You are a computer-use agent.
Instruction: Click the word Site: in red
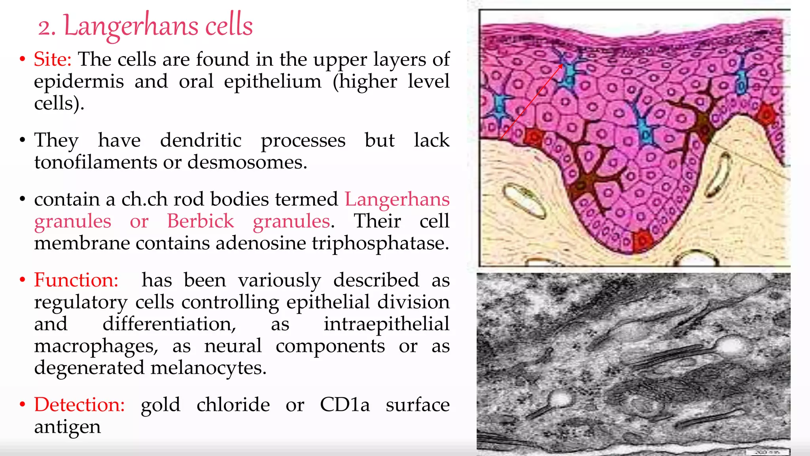coord(53,59)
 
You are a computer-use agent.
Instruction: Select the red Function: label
coord(76,280)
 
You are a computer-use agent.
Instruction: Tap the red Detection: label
coord(79,405)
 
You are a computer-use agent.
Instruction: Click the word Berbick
coord(200,221)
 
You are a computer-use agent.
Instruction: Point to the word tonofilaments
coord(96,162)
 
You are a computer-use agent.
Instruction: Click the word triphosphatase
coord(380,243)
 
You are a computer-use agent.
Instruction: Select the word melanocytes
coord(208,368)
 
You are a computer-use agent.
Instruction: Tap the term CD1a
coord(344,405)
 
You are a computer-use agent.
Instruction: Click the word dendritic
coord(201,140)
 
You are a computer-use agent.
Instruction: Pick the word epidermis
coord(79,82)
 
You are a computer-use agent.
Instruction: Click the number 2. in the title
coord(47,28)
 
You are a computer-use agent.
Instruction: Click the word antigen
coord(67,427)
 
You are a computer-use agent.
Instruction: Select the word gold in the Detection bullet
coord(160,405)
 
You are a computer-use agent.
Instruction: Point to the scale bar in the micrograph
coord(768,452)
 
